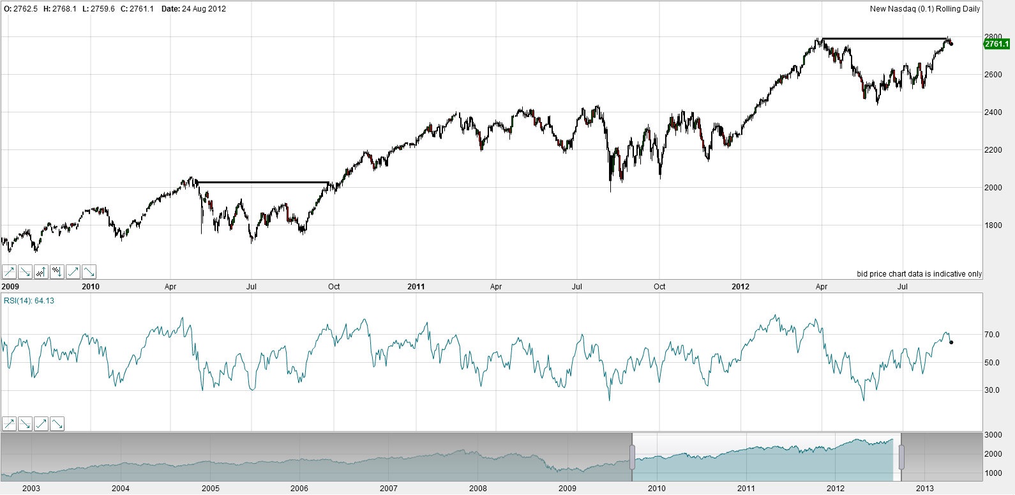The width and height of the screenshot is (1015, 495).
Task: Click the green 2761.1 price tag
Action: pos(996,44)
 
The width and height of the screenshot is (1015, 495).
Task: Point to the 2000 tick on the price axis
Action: pos(993,188)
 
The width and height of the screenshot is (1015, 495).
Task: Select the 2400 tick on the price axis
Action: pos(993,112)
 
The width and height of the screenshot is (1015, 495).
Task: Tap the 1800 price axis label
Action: pos(993,225)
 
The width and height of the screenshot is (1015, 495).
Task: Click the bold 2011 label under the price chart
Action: pos(416,287)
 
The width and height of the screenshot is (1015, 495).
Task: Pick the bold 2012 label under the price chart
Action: pos(741,287)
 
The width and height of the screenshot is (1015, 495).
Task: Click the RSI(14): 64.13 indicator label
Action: pos(29,301)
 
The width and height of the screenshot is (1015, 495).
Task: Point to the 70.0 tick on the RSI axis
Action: pos(991,335)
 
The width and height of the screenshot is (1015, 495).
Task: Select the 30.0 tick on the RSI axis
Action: pos(991,390)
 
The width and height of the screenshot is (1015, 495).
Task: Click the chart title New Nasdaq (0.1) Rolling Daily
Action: pos(924,9)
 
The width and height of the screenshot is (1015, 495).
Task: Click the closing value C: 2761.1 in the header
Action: pos(137,9)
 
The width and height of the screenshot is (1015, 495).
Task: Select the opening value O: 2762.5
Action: pos(20,9)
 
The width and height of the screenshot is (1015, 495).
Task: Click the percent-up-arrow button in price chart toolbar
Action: pos(41,271)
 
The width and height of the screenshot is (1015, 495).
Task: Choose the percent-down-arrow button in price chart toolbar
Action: pos(57,271)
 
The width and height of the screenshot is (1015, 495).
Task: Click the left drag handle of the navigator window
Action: pos(632,457)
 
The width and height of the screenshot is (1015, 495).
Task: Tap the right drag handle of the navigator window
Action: pos(902,457)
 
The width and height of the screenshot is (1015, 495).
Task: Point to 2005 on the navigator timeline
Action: pos(210,489)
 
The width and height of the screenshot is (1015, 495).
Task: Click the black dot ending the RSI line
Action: pos(951,342)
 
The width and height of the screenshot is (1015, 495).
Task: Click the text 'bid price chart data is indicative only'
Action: pos(919,274)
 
